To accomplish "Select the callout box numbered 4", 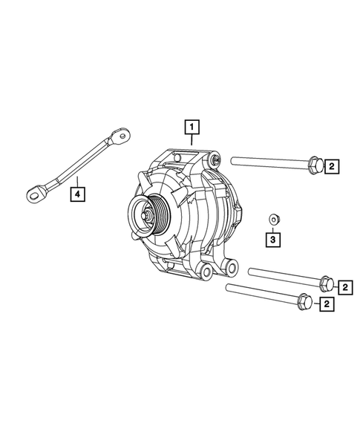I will (76, 194).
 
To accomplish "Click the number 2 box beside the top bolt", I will (332, 166).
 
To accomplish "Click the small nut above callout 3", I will (272, 218).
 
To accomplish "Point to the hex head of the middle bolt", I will (326, 282).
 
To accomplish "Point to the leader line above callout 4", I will (76, 180).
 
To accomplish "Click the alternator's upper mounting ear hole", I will (215, 159).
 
